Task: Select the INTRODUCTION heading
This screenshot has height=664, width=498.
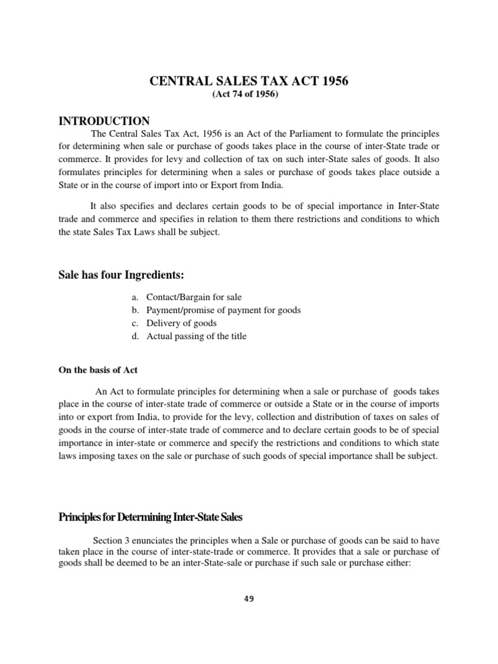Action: click(104, 121)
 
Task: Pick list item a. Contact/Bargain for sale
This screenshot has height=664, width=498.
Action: click(185, 297)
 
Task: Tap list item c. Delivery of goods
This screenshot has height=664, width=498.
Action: click(173, 323)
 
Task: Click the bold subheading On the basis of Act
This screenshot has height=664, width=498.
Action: click(98, 370)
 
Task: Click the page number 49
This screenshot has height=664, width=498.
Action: click(250, 599)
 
